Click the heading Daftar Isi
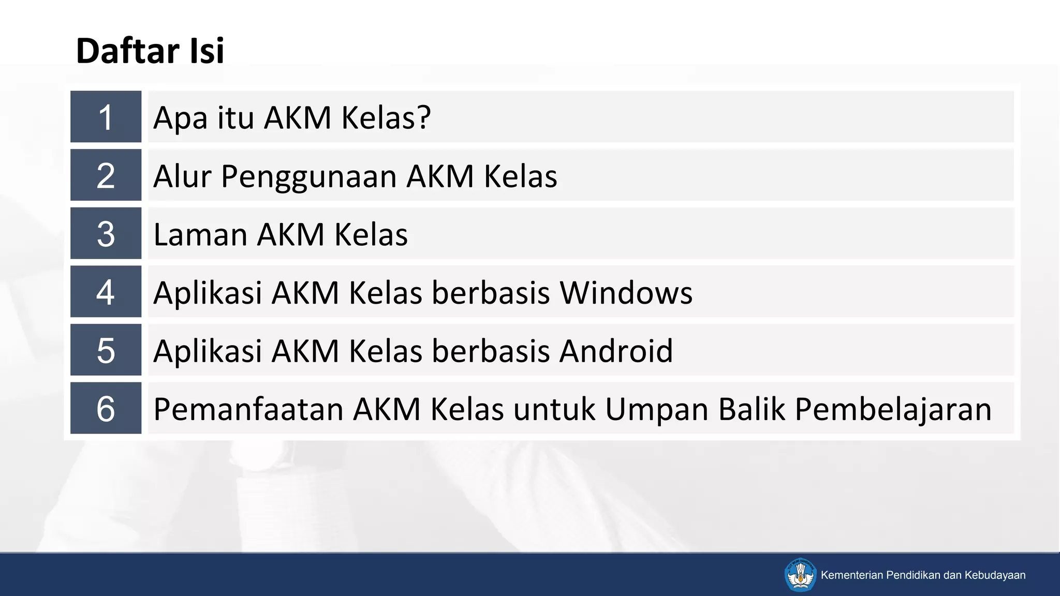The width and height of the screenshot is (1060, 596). tap(150, 51)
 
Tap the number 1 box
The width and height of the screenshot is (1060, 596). tap(106, 117)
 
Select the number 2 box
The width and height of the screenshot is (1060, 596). tap(106, 175)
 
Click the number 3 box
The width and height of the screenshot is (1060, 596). tap(106, 233)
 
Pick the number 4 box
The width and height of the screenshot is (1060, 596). tap(106, 292)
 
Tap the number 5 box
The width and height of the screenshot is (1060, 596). tap(106, 350)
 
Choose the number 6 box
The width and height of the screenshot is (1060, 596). tap(106, 408)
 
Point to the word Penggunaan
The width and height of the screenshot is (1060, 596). tap(309, 177)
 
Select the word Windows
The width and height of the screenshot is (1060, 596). tap(626, 293)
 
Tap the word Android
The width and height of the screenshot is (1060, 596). tap(616, 351)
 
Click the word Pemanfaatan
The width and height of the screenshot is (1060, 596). tap(248, 409)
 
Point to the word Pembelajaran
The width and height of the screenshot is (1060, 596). tap(893, 410)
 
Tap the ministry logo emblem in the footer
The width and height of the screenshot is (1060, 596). tap(800, 574)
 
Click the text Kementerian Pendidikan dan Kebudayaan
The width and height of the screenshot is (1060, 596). tap(923, 575)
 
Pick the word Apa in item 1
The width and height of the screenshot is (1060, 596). tap(181, 118)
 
